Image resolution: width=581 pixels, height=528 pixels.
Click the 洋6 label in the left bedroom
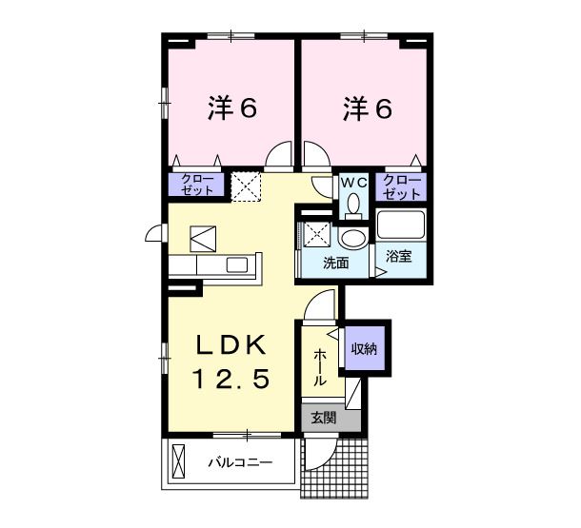click(232, 109)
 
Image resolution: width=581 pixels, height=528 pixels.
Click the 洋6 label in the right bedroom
click(367, 109)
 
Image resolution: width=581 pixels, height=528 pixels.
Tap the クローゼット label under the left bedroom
click(197, 185)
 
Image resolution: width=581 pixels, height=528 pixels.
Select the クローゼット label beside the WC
click(402, 185)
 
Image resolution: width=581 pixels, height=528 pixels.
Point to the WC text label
click(354, 181)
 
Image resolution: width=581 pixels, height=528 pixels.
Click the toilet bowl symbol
click(354, 204)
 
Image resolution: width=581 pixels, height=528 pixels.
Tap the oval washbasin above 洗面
click(352, 237)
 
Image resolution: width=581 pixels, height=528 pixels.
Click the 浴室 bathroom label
click(400, 257)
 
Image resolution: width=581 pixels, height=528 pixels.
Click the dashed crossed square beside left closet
click(248, 186)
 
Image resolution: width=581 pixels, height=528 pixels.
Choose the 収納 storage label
click(363, 348)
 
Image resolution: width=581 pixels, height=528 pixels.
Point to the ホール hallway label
click(320, 365)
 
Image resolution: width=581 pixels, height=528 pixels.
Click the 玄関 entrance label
click(323, 417)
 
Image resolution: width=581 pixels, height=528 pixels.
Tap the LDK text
click(233, 344)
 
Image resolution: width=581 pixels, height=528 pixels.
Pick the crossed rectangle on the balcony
click(179, 463)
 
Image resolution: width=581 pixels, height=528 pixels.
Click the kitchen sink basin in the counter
click(203, 237)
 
